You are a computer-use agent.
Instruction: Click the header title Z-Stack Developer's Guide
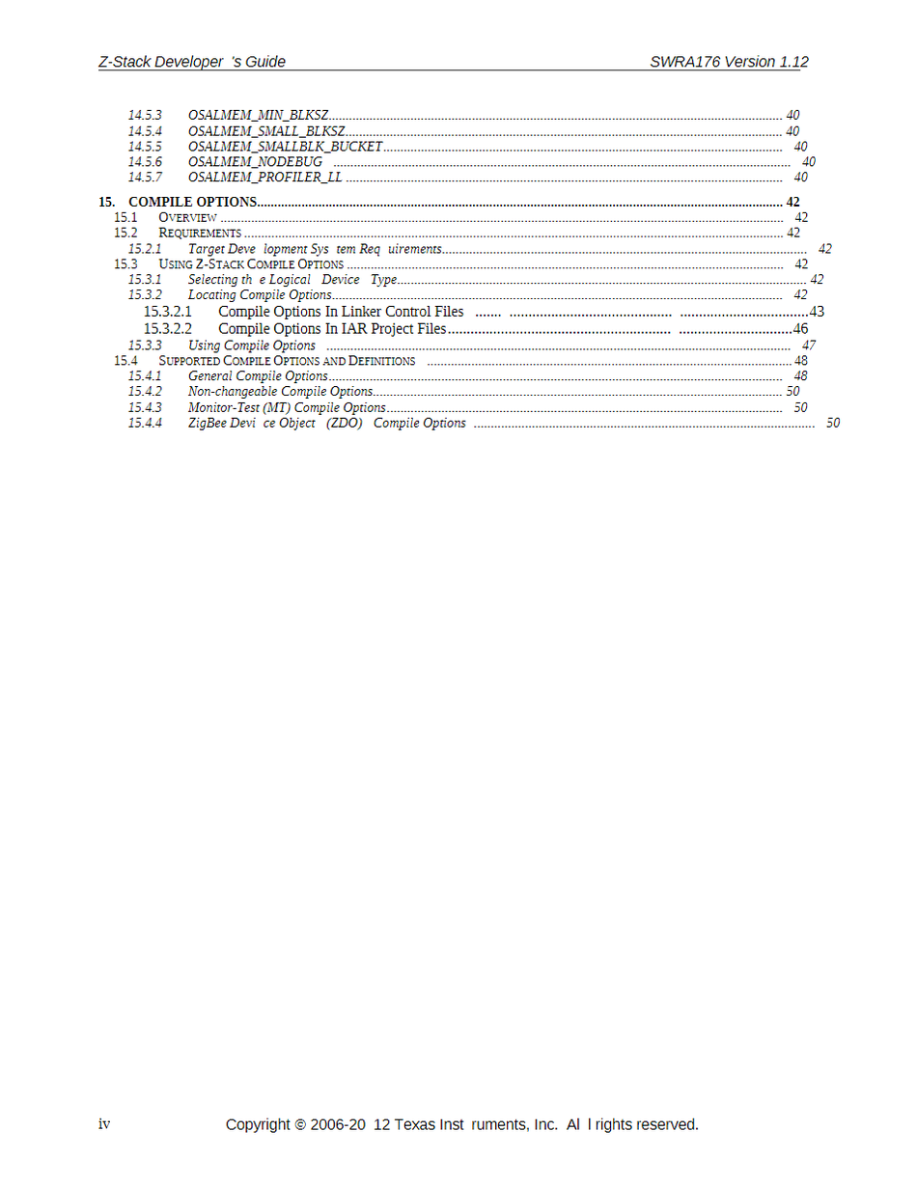pos(192,62)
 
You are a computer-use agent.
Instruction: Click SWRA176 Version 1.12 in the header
pos(729,62)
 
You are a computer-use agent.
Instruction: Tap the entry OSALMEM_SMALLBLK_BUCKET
pos(285,147)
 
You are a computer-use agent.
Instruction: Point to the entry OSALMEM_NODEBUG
pos(255,162)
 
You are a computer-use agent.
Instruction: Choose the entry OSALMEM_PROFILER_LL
pos(264,178)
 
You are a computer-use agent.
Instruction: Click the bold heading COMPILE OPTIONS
pos(192,203)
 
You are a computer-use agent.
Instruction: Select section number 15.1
pos(125,218)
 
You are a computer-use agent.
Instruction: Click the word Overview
pos(187,218)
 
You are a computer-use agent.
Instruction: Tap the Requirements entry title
pos(200,234)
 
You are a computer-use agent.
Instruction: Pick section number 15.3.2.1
pos(168,312)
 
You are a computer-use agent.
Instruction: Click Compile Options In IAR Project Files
pos(332,329)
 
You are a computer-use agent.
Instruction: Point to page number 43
pos(817,312)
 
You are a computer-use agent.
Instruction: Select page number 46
pos(800,329)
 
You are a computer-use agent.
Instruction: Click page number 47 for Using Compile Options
pos(809,345)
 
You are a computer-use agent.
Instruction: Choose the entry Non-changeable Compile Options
pos(280,392)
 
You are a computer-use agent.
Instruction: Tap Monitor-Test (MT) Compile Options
pos(287,408)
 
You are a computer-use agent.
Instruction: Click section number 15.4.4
pos(145,424)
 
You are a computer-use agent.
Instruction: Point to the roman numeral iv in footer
pos(104,1124)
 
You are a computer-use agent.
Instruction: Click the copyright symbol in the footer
pos(300,1125)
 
